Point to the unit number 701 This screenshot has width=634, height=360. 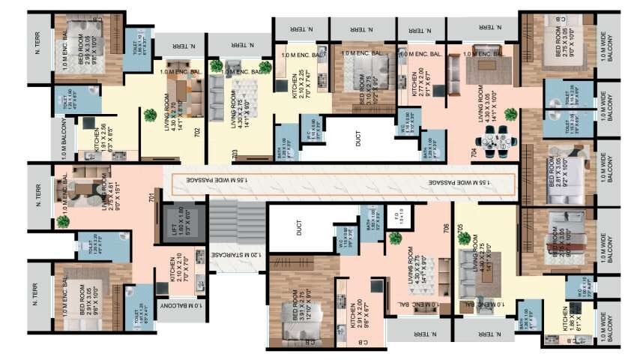click(151, 198)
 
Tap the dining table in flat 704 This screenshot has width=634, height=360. click(495, 139)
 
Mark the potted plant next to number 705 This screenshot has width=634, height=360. click(465, 239)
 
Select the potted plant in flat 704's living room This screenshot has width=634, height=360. click(511, 114)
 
